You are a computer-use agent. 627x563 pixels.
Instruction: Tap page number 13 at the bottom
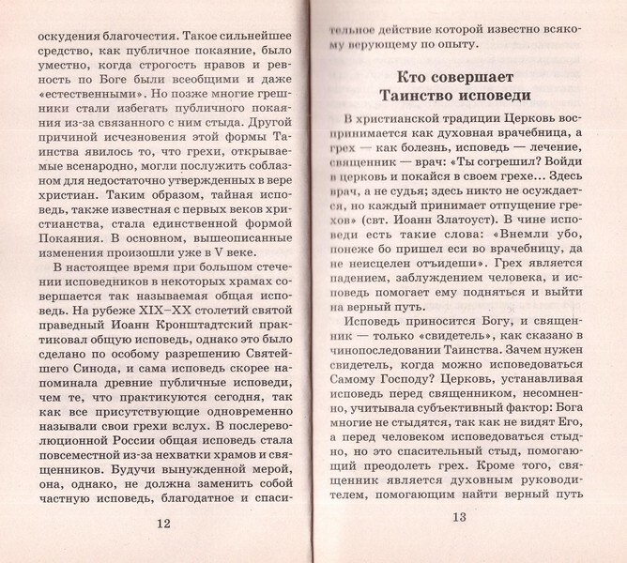pyautogui.click(x=458, y=518)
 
